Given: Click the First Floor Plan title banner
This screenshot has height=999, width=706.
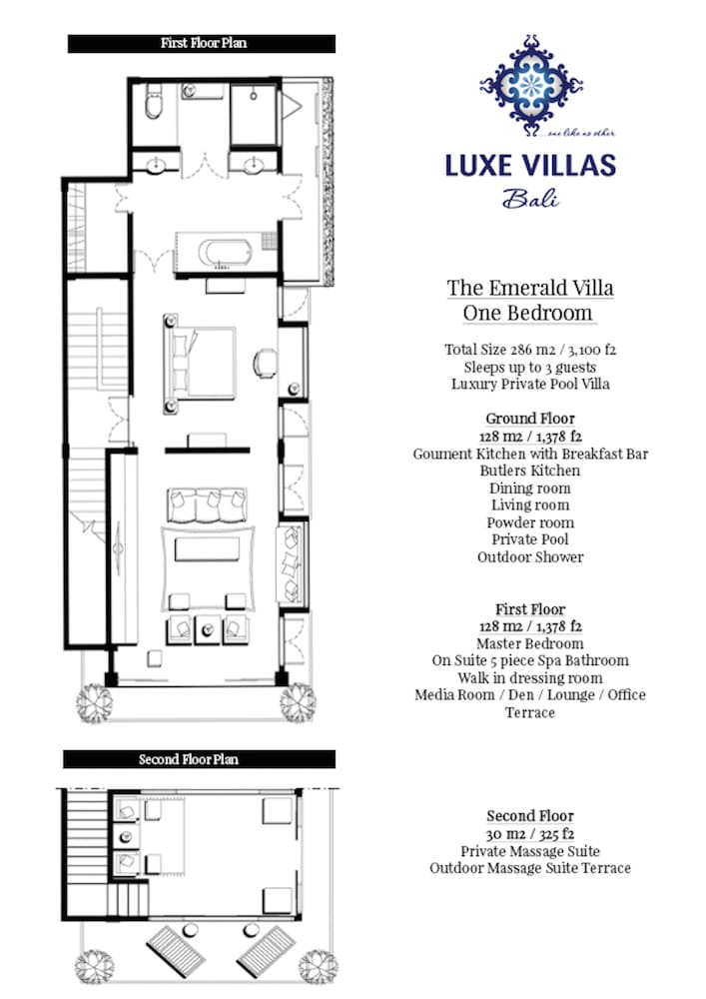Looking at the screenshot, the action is point(201,43).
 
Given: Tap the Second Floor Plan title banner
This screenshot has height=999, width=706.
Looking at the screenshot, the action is point(199,759).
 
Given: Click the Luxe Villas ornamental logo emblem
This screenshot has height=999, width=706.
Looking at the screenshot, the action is point(531,85).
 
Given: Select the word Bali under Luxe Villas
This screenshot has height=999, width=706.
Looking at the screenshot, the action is point(530,198).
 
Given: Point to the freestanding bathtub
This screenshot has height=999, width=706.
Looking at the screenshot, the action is point(225,253).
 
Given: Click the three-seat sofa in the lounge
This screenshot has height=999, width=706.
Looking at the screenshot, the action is point(207,504).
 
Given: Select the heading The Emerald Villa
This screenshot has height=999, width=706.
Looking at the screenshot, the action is point(529,288).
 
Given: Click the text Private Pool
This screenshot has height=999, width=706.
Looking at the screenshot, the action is point(530,539).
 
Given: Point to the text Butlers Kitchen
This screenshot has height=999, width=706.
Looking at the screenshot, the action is point(530,471).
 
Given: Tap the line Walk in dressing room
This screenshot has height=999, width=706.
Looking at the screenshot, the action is point(530,678).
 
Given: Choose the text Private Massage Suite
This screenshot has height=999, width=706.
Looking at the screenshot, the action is point(530,851).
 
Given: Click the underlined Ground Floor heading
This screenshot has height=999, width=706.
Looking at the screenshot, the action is point(530,419).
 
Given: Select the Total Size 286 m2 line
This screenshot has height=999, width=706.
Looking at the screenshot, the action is point(530,349).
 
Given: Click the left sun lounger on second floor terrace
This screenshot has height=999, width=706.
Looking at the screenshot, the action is point(175,950).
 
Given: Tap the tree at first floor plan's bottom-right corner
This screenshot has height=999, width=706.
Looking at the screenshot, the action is point(298,702).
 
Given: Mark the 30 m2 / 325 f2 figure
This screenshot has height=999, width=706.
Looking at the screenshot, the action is point(530,834).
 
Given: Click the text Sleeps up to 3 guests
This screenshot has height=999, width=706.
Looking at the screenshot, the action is point(530,367).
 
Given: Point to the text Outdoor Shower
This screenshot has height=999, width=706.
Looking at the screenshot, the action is point(530,556).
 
